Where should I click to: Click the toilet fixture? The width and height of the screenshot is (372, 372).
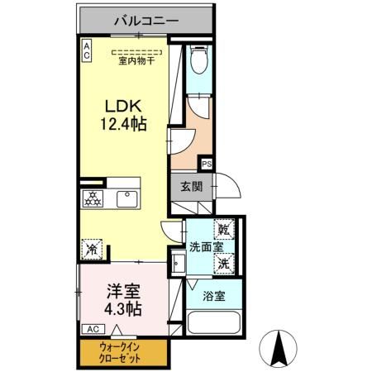pyautogui.click(x=199, y=60)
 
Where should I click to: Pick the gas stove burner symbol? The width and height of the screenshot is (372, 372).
pyautogui.click(x=93, y=199)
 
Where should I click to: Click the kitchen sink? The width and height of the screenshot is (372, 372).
pyautogui.click(x=126, y=198)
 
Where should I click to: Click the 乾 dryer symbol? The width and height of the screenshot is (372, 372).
pyautogui.click(x=224, y=229)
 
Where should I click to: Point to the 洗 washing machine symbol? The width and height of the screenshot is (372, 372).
pyautogui.click(x=224, y=264)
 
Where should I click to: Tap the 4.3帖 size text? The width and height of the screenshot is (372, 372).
pyautogui.click(x=123, y=310)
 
